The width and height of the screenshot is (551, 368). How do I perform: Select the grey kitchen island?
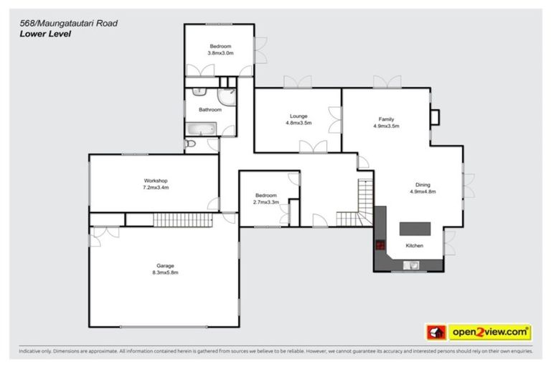(x=415, y=228)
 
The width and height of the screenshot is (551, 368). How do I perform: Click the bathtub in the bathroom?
(x=201, y=129)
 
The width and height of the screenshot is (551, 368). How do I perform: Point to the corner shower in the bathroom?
(x=227, y=99)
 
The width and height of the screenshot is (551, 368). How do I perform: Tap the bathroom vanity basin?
(x=199, y=93)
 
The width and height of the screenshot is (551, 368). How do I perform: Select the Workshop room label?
(x=155, y=180)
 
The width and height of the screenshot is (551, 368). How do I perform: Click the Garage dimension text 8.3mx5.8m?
(x=164, y=273)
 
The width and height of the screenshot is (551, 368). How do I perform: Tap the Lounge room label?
(x=298, y=116)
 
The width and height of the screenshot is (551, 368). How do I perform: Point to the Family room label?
(x=386, y=119)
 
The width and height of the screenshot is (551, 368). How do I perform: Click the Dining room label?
(x=423, y=184)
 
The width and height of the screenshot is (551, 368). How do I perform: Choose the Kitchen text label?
(x=415, y=246)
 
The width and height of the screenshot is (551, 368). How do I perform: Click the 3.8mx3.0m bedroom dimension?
(x=220, y=53)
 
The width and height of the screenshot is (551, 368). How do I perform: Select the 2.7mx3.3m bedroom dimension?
(x=265, y=202)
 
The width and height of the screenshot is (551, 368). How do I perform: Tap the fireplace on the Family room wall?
(x=435, y=116)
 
